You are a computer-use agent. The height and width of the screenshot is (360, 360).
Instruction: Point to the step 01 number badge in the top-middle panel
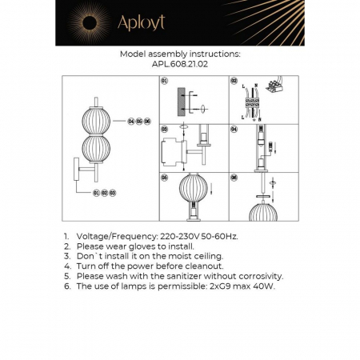coord(165,82)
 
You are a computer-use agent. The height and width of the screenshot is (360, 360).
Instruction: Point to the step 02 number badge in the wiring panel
coord(234,82)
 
